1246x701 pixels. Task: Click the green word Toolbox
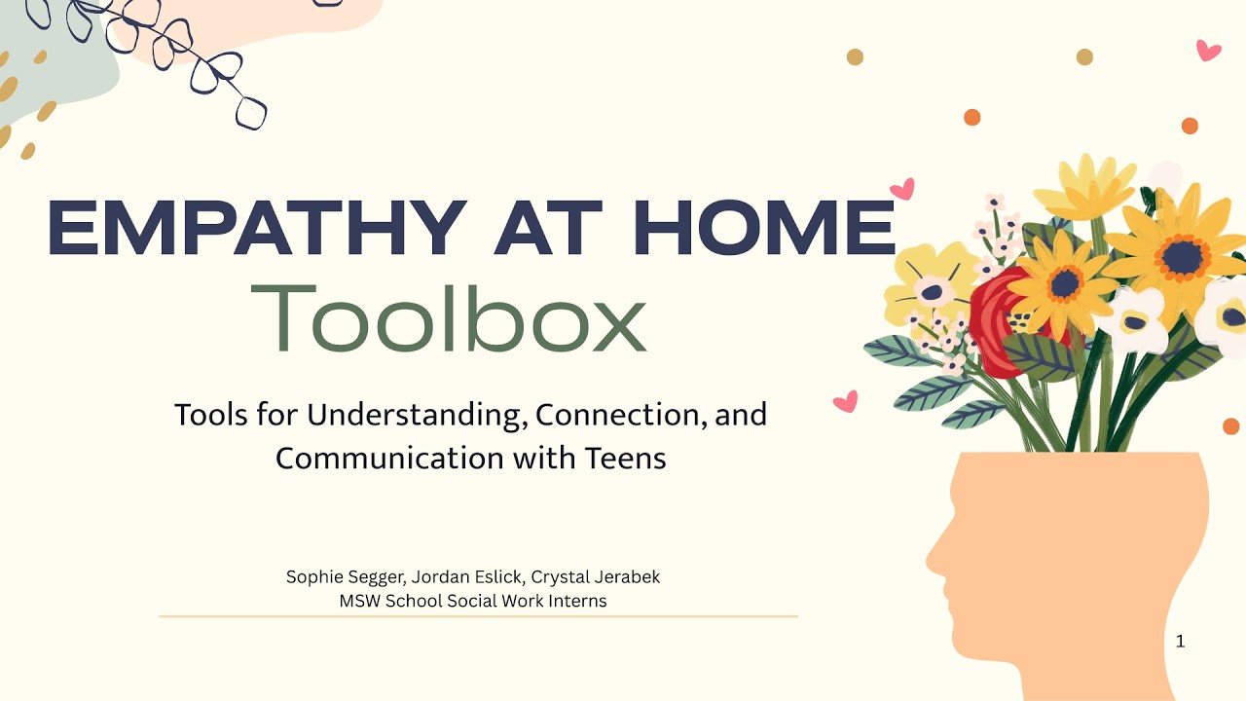pos(449,317)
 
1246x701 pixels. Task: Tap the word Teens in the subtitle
pos(626,458)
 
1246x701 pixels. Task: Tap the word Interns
pos(577,601)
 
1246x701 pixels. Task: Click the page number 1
pos(1181,642)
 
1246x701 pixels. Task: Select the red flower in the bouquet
pos(998,321)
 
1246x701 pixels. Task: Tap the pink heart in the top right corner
pos(1208,50)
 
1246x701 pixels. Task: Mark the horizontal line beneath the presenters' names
pos(478,616)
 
